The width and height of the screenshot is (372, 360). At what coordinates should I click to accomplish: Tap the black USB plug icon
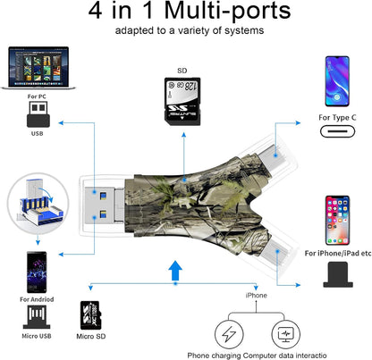pos(37,113)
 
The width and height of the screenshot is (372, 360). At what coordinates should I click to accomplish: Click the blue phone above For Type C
pos(339,81)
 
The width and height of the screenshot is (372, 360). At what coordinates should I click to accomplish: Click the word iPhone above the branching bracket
pos(257,293)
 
